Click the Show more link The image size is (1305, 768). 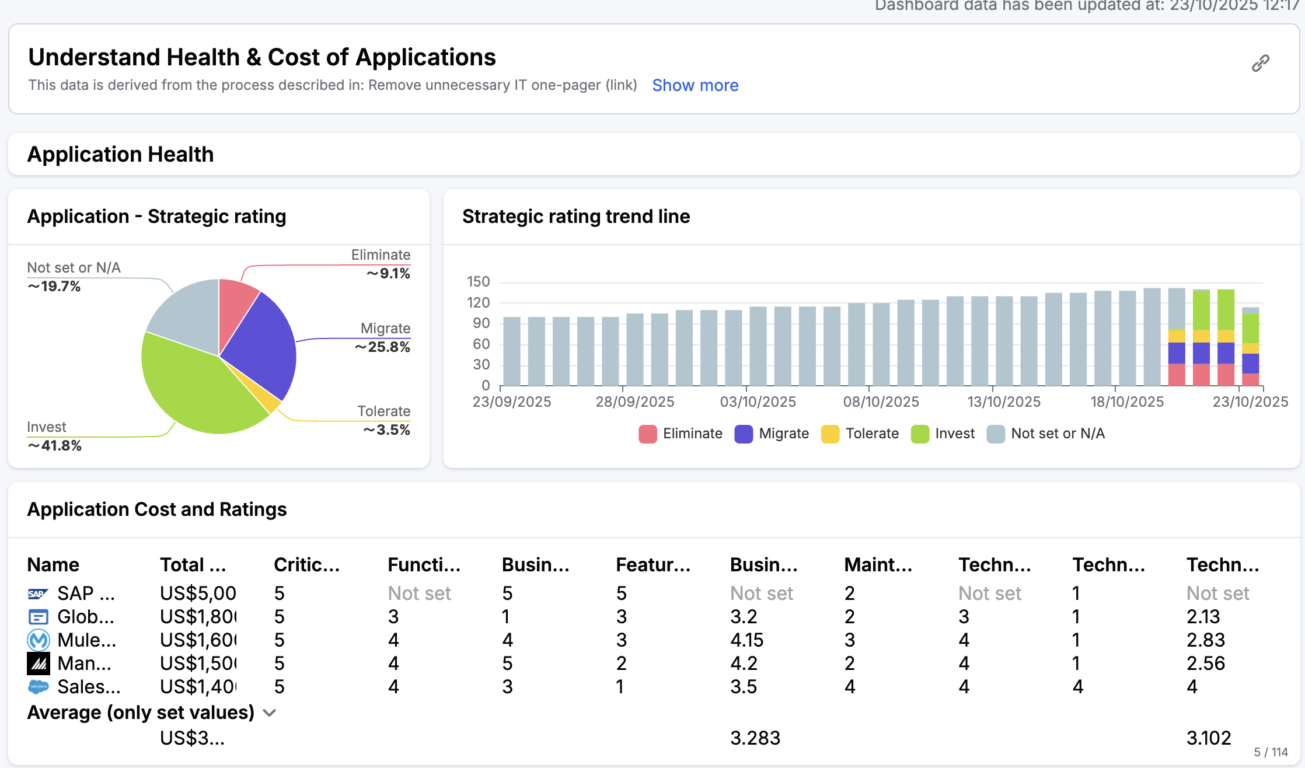click(x=695, y=85)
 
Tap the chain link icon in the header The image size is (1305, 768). click(x=1260, y=63)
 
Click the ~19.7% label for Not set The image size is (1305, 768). click(x=54, y=287)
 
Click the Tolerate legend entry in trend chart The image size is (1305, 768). click(x=860, y=434)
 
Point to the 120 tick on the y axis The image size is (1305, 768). click(x=478, y=302)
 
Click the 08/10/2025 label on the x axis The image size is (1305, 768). click(x=881, y=402)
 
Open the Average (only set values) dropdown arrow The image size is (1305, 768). click(x=270, y=713)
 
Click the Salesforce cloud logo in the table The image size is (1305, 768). click(x=39, y=687)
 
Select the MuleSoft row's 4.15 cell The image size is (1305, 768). click(x=746, y=640)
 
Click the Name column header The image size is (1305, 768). click(x=53, y=565)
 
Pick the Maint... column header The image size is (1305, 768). click(x=877, y=565)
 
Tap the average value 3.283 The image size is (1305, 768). click(x=755, y=738)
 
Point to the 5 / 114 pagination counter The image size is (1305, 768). click(x=1271, y=752)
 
